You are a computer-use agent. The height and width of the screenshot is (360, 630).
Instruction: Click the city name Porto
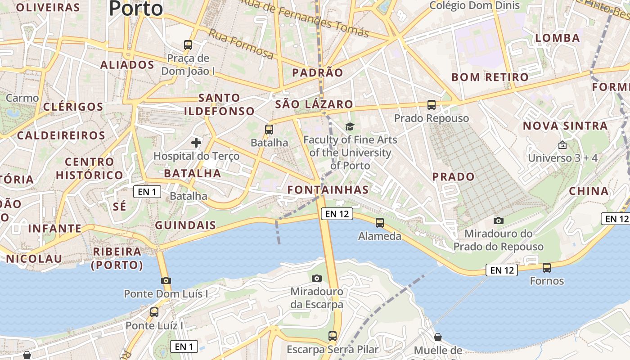click(135, 8)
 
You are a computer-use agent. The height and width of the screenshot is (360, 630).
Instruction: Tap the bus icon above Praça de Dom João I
click(188, 45)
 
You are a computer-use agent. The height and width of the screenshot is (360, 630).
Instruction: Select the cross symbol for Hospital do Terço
click(196, 143)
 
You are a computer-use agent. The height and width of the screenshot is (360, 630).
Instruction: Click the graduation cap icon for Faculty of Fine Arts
click(350, 127)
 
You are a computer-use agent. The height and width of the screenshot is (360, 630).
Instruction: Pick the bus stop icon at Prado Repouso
click(432, 105)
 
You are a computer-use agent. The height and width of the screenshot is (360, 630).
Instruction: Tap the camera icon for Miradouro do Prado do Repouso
click(498, 220)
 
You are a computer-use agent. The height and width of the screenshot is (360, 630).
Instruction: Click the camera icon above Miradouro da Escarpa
click(317, 278)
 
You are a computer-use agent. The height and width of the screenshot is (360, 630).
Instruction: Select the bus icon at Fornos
click(547, 268)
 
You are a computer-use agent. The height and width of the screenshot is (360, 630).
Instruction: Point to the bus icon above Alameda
click(380, 223)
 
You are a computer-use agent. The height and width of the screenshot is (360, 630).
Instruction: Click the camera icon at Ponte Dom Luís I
click(166, 280)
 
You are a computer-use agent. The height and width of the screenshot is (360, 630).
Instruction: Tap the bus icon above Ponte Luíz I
click(154, 312)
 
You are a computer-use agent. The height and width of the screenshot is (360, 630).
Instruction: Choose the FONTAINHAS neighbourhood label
click(328, 189)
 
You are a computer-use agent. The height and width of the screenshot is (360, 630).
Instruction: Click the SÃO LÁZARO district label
click(314, 104)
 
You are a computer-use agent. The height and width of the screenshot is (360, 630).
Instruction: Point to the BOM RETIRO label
click(490, 77)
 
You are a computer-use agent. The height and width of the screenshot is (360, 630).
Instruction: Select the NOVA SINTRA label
click(565, 126)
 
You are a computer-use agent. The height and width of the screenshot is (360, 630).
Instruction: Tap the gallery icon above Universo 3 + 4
click(562, 145)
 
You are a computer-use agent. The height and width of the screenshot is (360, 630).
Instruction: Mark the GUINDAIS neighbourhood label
click(185, 225)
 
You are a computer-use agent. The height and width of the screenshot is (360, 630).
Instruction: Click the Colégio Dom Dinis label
click(475, 6)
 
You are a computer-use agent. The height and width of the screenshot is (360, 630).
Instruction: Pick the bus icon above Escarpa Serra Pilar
click(333, 336)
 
